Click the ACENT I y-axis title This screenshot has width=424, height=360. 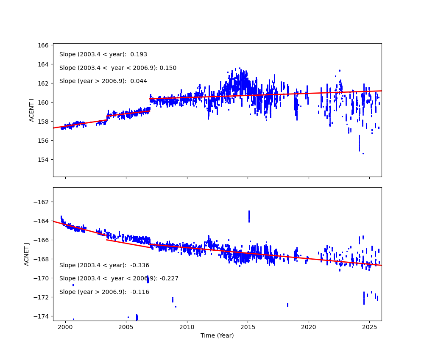[x=32, y=110]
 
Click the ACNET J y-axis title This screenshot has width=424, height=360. [x=27, y=254]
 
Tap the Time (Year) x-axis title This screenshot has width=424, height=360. [x=217, y=335]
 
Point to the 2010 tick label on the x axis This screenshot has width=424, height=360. [x=187, y=327]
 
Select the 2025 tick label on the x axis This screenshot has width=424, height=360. [x=369, y=327]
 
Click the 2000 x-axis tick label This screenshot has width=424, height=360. [x=65, y=327]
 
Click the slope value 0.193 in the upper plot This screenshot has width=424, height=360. [x=139, y=55]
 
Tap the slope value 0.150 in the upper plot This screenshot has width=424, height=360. [x=168, y=68]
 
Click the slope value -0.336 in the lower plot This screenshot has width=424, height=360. [x=140, y=266]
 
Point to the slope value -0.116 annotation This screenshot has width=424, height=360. [x=140, y=292]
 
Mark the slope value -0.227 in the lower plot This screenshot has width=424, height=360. [x=169, y=279]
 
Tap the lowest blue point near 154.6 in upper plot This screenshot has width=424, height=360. [x=363, y=153]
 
